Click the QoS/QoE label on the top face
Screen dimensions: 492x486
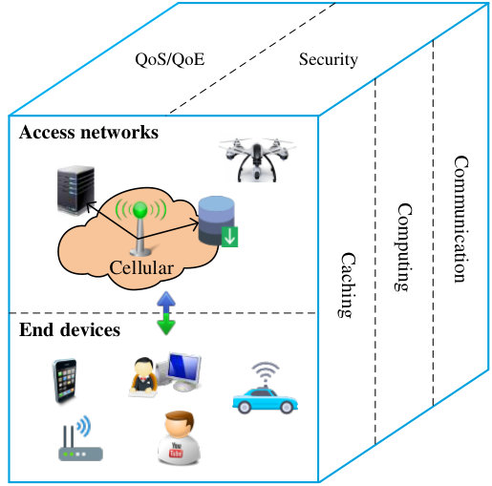pos(170,60)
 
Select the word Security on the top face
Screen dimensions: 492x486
pos(329,60)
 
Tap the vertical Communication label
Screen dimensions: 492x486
pos(460,219)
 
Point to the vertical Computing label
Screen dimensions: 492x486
pos(404,247)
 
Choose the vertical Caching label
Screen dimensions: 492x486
pos(347,285)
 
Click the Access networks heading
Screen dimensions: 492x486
pos(89,132)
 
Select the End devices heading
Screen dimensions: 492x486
pos(70,329)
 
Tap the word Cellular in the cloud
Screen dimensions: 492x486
pos(141,268)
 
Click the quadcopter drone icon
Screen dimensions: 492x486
pos(257,159)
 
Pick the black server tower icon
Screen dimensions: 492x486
pos(75,190)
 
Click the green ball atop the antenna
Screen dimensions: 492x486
pos(140,209)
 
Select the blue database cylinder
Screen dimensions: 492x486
pos(216,221)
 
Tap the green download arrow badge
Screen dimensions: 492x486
pos(229,237)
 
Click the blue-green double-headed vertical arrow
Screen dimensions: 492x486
pos(166,313)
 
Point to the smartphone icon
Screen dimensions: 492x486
pos(65,381)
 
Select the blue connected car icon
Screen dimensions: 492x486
pos(265,389)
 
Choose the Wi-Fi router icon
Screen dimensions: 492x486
pos(80,439)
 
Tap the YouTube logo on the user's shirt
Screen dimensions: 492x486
pos(176,450)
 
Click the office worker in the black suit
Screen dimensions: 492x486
pos(144,376)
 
